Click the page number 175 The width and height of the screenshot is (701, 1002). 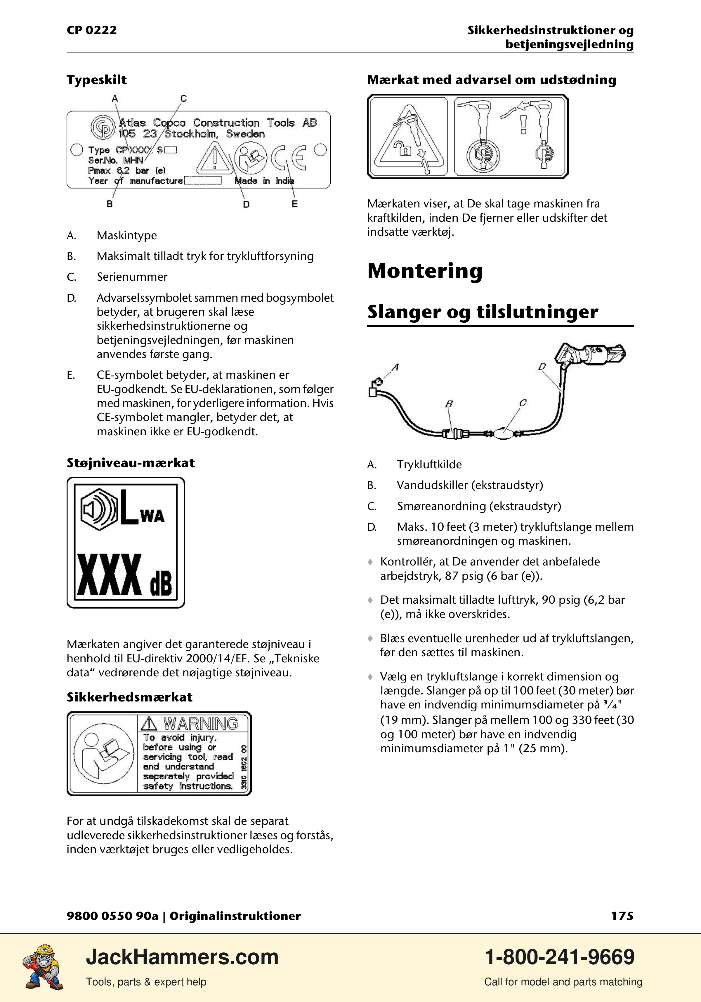click(622, 916)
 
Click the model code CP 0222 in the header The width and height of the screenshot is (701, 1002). click(92, 30)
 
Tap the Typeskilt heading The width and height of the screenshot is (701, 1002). click(96, 80)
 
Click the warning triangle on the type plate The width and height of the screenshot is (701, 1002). click(214, 158)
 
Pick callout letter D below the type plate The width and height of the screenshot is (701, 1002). click(246, 204)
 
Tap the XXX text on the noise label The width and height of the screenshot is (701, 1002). click(109, 575)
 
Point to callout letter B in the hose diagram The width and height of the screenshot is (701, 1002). click(449, 404)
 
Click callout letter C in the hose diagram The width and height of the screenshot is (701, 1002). click(523, 403)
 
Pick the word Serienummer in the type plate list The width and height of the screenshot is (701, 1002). click(132, 277)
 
